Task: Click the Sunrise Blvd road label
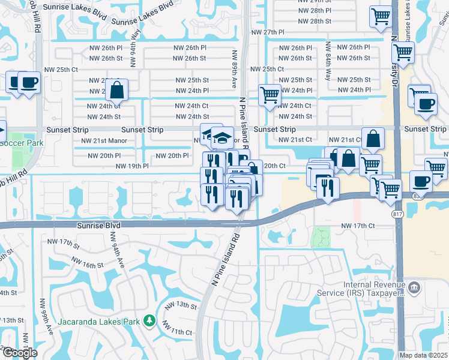pos(98,226)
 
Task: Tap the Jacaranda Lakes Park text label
pos(98,321)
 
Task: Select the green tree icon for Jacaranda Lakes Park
pos(148,322)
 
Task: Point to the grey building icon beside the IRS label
pos(414,289)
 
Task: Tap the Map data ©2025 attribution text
pos(424,355)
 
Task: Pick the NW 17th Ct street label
pos(358,226)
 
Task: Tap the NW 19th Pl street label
pos(131,166)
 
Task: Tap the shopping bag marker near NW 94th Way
pos(117,91)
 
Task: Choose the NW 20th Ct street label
pos(274,166)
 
